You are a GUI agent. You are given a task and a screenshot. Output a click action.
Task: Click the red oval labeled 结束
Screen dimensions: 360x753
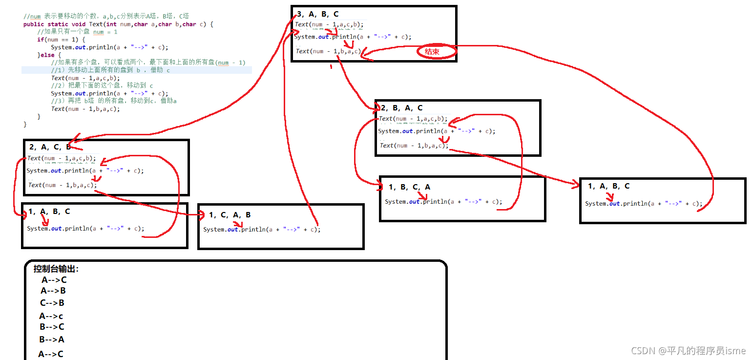pyautogui.click(x=436, y=52)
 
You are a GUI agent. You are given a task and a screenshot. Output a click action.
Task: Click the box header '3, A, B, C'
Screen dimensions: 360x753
pyautogui.click(x=318, y=14)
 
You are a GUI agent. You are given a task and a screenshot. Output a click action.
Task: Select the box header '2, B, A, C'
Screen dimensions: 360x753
pyautogui.click(x=402, y=108)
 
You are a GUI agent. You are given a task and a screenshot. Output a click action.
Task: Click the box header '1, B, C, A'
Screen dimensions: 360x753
pyautogui.click(x=410, y=187)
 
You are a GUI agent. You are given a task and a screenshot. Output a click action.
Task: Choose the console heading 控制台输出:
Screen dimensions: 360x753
pyautogui.click(x=56, y=269)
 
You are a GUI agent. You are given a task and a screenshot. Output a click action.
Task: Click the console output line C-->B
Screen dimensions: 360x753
pyautogui.click(x=52, y=303)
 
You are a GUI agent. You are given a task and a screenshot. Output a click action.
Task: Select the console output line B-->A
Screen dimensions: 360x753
pyautogui.click(x=52, y=339)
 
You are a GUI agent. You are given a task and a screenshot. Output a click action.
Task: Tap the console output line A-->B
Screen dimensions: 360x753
pyautogui.click(x=53, y=291)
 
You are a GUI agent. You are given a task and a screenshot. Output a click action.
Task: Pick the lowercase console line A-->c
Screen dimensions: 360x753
pyautogui.click(x=51, y=316)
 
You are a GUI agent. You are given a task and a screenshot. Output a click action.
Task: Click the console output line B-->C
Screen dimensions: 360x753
pyautogui.click(x=52, y=327)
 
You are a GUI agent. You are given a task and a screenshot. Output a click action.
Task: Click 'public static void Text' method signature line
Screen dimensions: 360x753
pyautogui.click(x=118, y=24)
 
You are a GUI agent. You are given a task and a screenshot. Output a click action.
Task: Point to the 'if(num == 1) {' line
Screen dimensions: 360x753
pyautogui.click(x=61, y=40)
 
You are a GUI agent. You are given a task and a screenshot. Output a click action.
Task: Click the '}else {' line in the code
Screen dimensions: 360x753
pyautogui.click(x=47, y=55)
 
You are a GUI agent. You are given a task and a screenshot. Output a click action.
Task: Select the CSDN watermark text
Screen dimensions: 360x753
pyautogui.click(x=689, y=351)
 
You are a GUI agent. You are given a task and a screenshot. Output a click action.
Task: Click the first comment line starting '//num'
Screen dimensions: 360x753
pyautogui.click(x=106, y=16)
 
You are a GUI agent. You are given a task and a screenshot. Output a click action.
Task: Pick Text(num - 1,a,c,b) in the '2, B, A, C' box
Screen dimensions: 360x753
pyautogui.click(x=413, y=119)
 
